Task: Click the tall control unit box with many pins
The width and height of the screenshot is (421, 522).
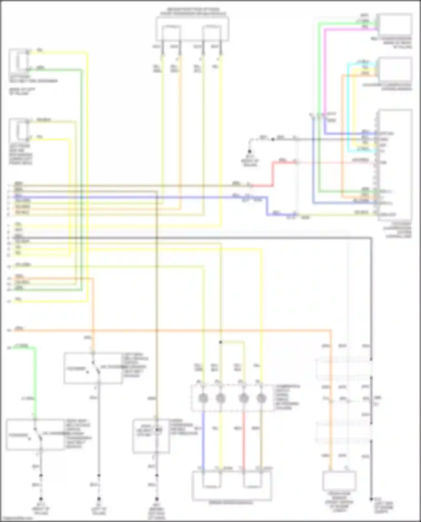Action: tap(395, 165)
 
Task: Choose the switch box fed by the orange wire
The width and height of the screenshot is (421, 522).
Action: tap(93, 368)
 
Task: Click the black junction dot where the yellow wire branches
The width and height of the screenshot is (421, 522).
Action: tap(221, 342)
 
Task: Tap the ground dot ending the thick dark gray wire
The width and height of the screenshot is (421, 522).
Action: tap(371, 499)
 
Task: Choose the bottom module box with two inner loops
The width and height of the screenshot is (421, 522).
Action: tap(232, 485)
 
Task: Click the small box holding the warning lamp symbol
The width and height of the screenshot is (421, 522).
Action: tap(151, 436)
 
